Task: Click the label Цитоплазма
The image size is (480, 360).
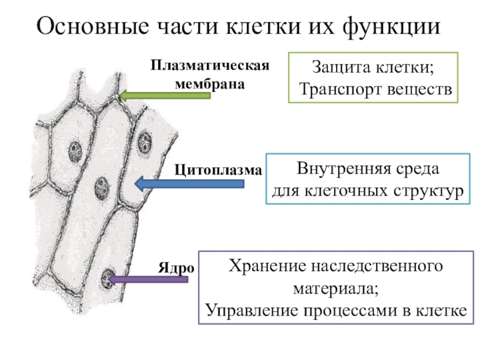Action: point(218,170)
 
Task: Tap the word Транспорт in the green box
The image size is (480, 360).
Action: point(335,90)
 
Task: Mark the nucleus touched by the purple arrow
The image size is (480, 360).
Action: point(109,278)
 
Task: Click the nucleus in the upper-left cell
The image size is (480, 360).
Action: point(76,148)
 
